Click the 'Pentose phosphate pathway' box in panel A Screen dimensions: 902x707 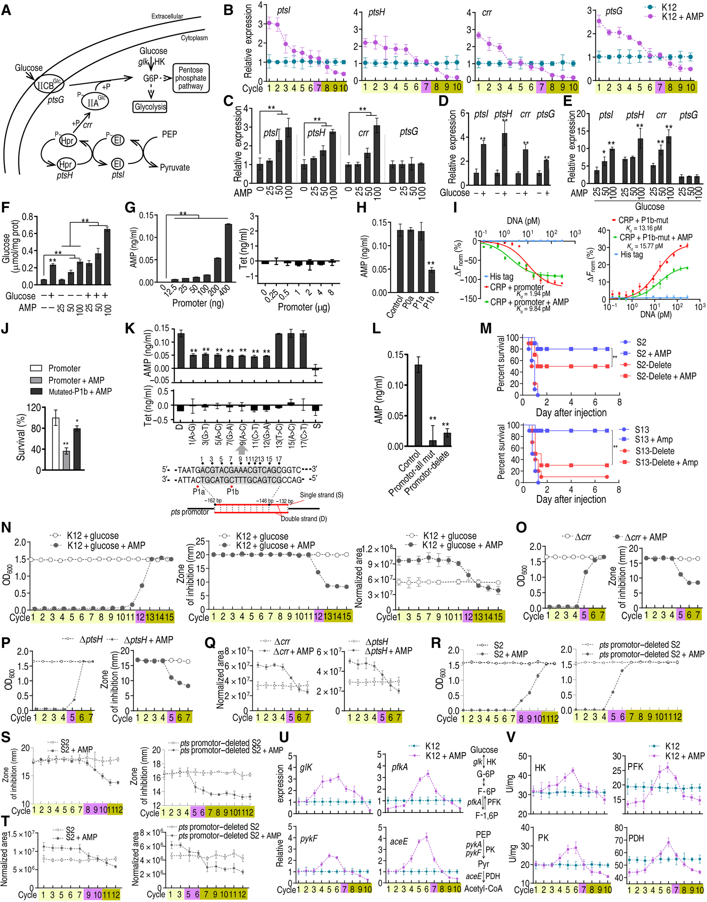coord(190,78)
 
